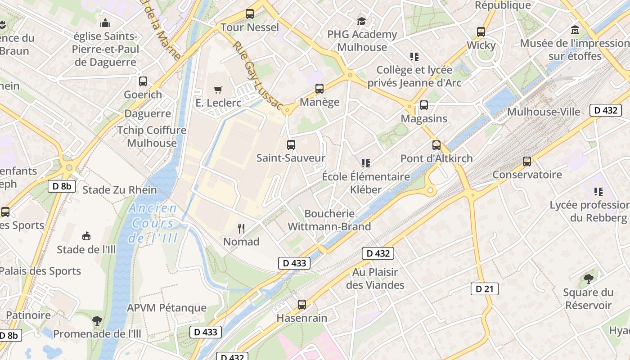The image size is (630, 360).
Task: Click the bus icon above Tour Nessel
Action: tap(250, 14)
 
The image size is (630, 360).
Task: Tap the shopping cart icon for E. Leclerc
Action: tap(218, 90)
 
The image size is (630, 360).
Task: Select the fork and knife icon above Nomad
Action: tap(241, 229)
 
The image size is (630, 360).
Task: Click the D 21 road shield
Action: tap(484, 289)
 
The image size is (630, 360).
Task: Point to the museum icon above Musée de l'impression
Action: tap(575, 30)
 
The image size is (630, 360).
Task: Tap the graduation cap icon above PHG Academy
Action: tap(362, 21)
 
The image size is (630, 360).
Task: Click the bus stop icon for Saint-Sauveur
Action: tap(291, 145)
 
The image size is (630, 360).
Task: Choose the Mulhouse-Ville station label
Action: tap(544, 112)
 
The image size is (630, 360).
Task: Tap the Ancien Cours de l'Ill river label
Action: tap(153, 223)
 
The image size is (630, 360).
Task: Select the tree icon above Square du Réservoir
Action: tap(588, 279)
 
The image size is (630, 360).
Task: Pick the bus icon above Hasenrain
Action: tap(302, 305)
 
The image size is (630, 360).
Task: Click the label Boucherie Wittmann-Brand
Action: tap(329, 220)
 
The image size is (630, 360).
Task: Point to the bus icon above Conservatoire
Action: tap(527, 162)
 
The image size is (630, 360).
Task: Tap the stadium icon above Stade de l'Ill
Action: tap(86, 236)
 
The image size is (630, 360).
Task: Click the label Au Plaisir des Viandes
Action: tap(375, 279)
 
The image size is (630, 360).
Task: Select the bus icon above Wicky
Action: tap(481, 32)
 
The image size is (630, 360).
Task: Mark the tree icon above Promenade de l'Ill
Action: tap(97, 320)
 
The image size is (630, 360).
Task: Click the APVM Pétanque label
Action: tap(166, 308)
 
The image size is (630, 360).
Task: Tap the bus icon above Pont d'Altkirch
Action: tap(436, 145)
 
